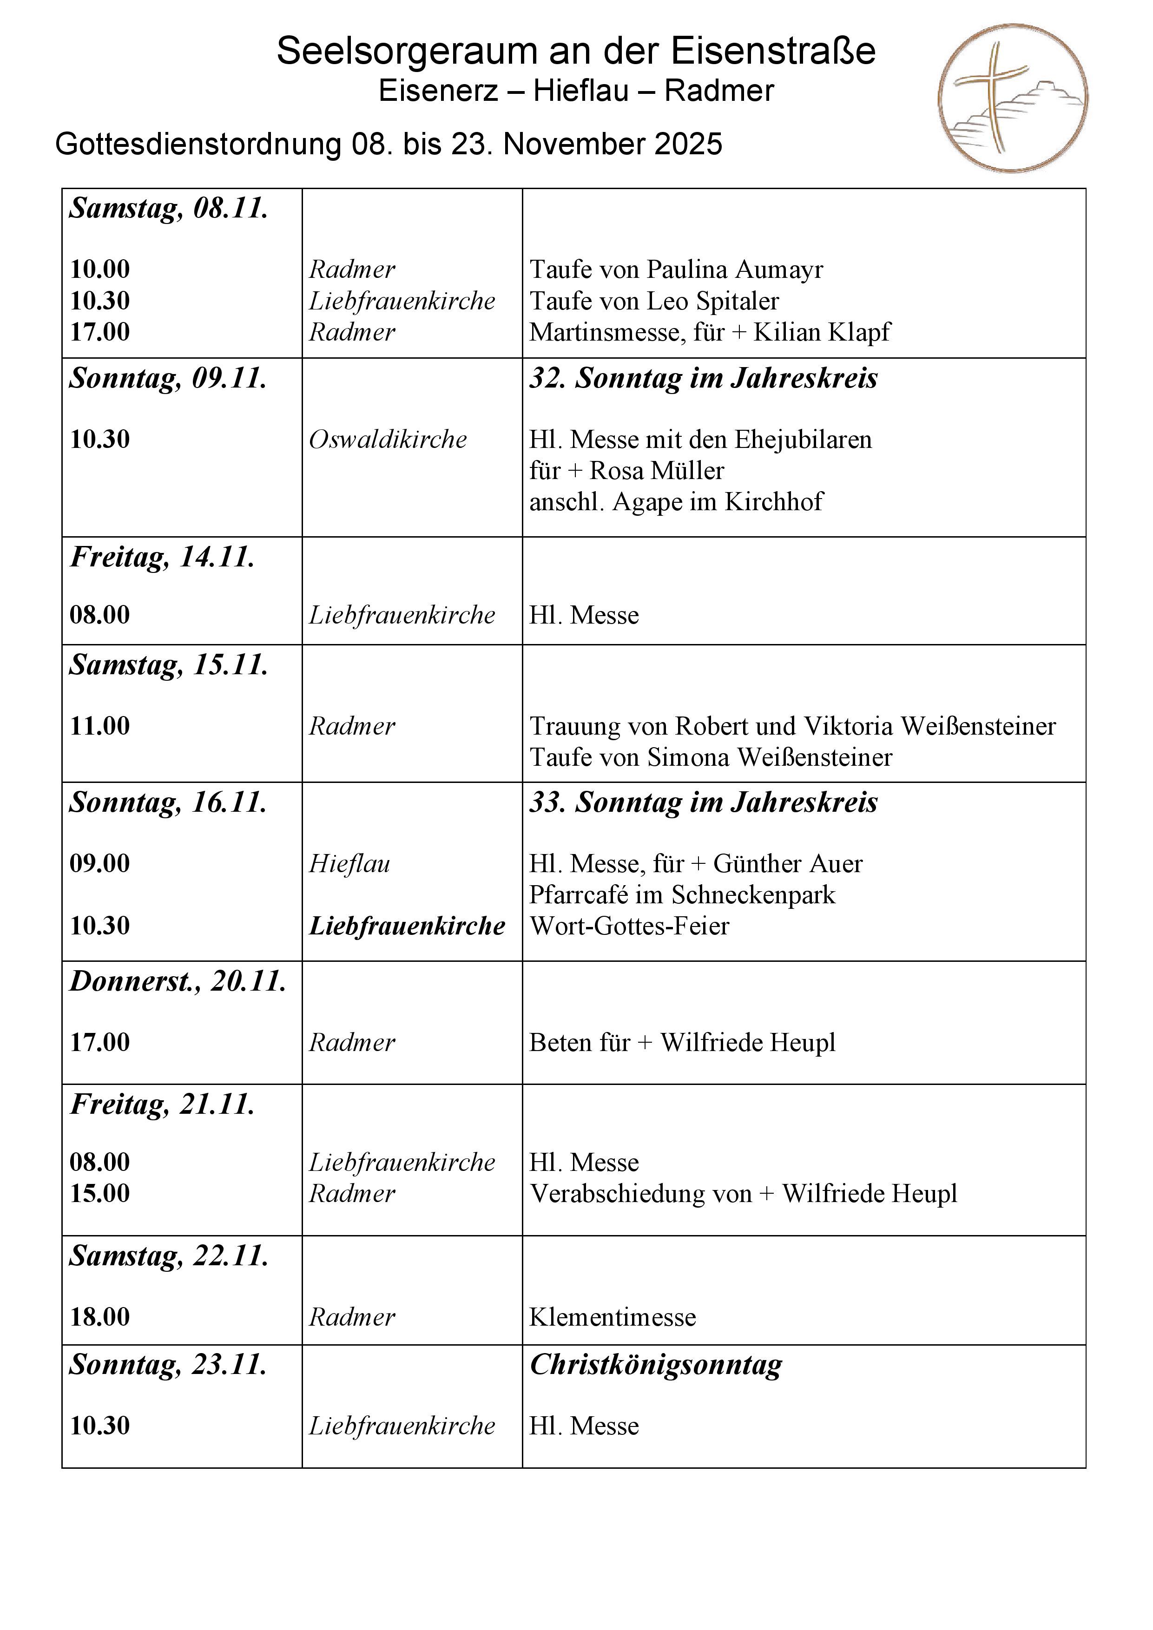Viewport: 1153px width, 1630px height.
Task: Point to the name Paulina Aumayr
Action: click(735, 270)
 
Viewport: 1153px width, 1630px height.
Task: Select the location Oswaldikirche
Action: click(388, 440)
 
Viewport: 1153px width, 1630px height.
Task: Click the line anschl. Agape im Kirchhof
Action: click(676, 502)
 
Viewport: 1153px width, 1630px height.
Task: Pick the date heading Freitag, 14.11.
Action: click(162, 557)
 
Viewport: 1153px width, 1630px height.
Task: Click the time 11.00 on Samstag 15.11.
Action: click(100, 726)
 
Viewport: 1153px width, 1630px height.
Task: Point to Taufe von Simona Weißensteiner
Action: click(711, 757)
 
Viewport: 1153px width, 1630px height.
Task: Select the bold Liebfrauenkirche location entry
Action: click(407, 926)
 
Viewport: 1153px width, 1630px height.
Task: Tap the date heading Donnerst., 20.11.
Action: click(178, 981)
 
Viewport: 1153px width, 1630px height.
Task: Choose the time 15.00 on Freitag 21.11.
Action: click(100, 1193)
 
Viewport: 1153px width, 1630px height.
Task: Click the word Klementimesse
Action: click(612, 1317)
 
